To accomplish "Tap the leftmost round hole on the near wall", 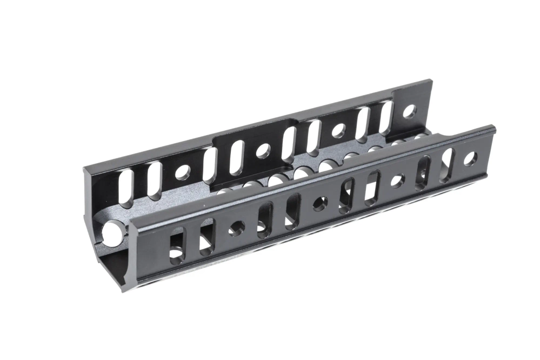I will tap(236, 228).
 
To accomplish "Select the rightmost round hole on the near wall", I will tap(470, 159).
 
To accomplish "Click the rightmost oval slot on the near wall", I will tap(447, 158).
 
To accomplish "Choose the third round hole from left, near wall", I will tap(397, 181).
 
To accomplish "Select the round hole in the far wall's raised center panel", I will tap(263, 151).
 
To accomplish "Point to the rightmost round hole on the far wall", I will tap(410, 112).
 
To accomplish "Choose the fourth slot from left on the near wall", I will tap(292, 210).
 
